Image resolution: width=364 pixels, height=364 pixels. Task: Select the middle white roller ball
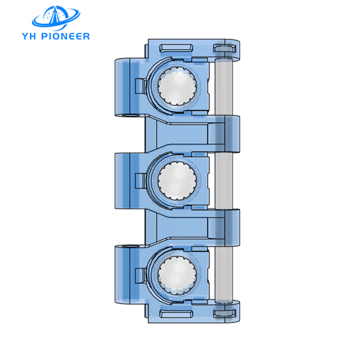point(178,181)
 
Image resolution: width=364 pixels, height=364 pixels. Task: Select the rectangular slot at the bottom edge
point(175,315)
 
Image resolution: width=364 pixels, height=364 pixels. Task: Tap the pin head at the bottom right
point(224,314)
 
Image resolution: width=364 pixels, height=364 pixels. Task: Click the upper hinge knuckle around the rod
point(226,134)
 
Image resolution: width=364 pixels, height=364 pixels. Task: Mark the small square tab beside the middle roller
point(141,181)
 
